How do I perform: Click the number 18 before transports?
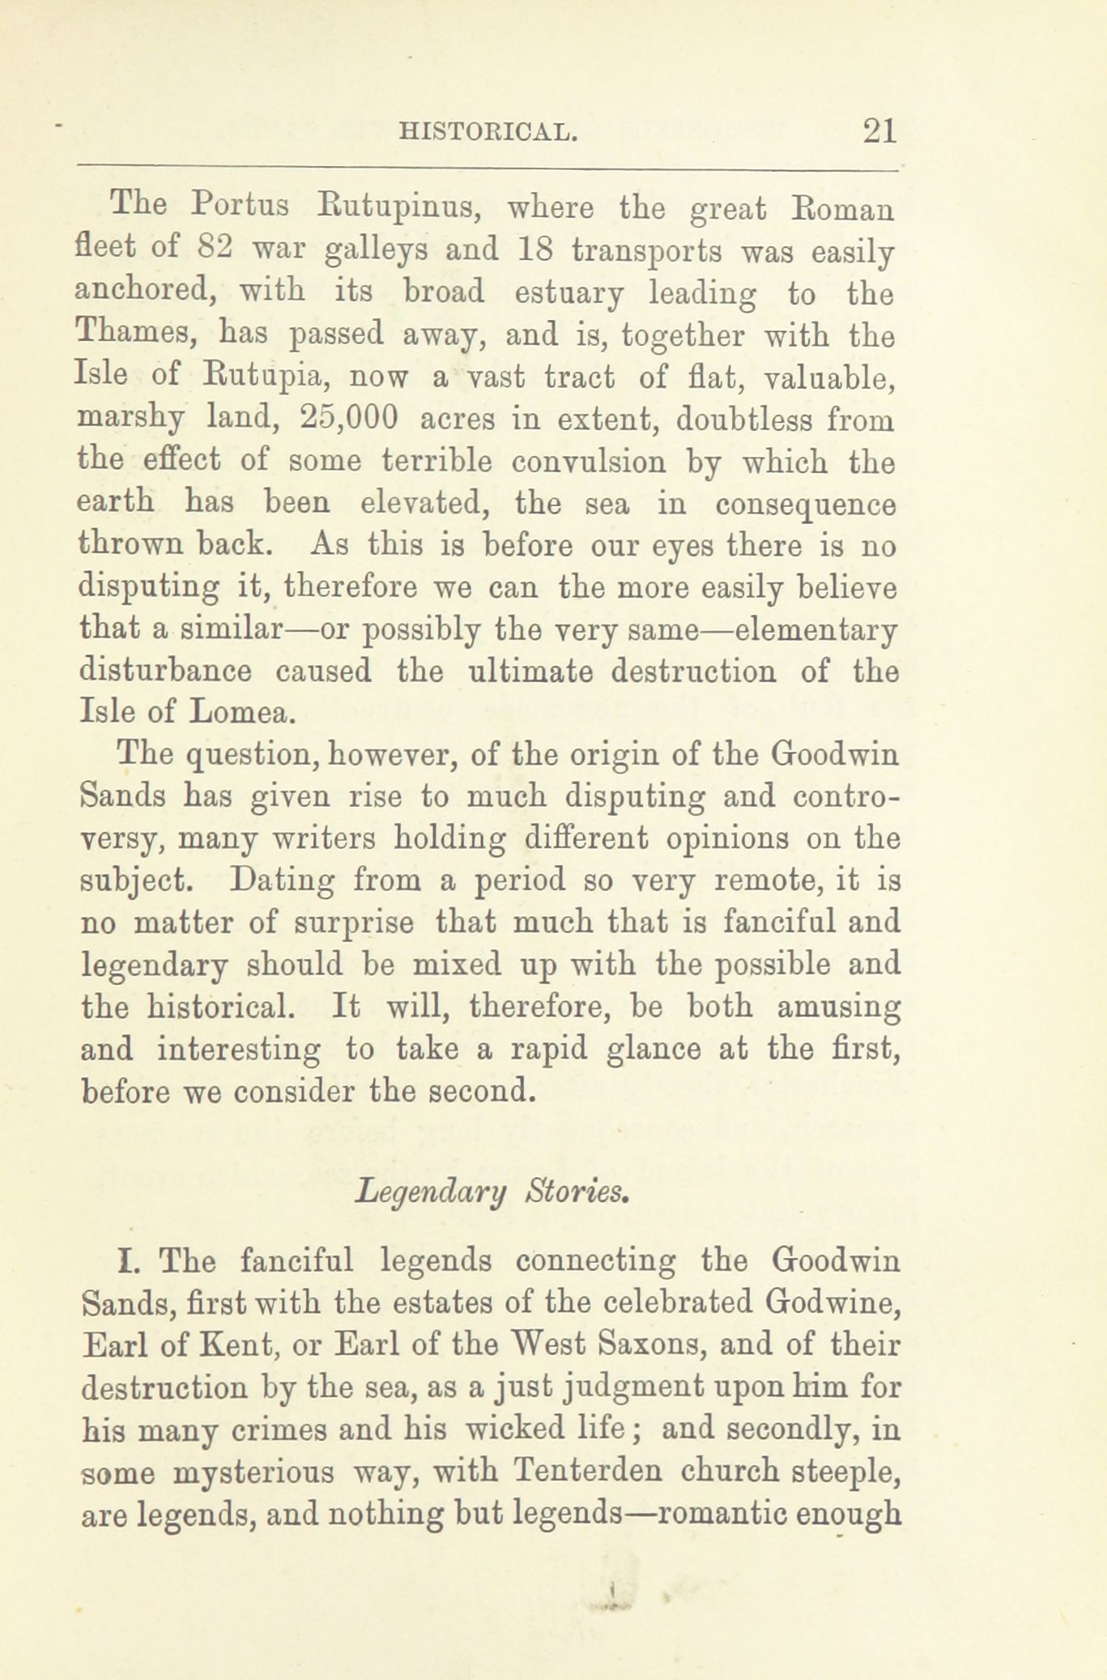tap(534, 249)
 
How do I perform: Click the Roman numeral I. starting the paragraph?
tap(130, 1262)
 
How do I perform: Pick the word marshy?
tap(130, 420)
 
